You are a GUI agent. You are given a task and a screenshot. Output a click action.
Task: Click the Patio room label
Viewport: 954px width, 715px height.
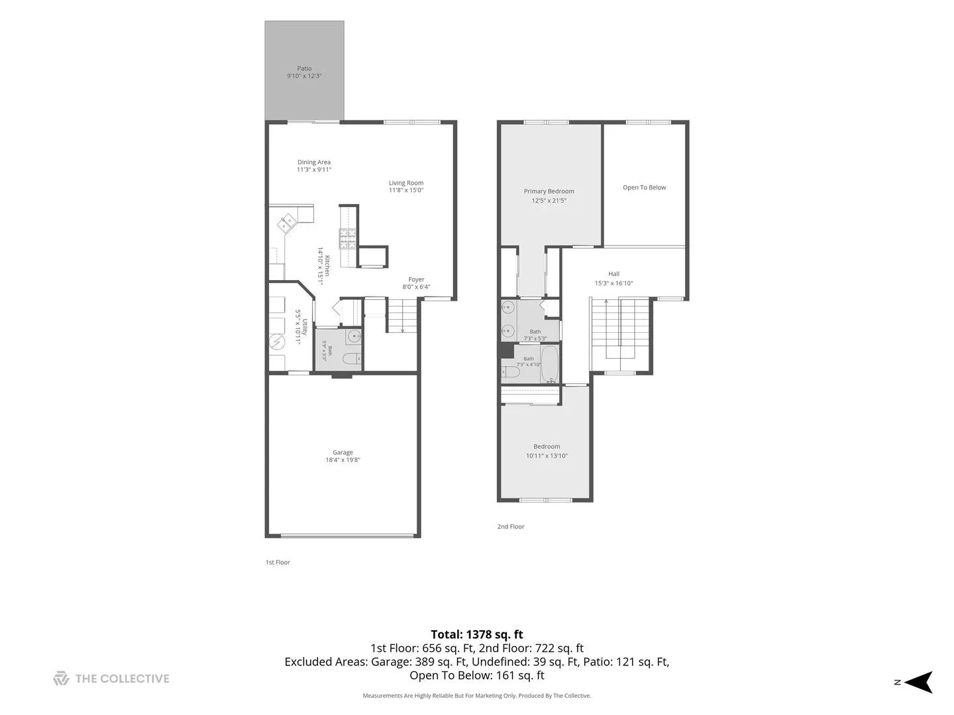[x=304, y=68]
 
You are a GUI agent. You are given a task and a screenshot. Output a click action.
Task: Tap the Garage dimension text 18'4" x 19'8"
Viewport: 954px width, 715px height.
[x=343, y=459]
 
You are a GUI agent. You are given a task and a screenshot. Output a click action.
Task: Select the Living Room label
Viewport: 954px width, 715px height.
[x=406, y=183]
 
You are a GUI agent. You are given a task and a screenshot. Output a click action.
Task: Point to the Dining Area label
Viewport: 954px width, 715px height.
[x=314, y=162]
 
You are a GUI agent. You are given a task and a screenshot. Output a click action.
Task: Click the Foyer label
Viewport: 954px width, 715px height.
[x=416, y=279]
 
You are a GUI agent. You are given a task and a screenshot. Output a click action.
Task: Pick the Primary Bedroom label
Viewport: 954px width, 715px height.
[x=549, y=191]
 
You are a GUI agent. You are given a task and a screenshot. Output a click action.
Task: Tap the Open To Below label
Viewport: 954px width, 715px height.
[x=644, y=187]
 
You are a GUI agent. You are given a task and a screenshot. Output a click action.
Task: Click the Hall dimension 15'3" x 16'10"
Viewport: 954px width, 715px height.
[x=613, y=283]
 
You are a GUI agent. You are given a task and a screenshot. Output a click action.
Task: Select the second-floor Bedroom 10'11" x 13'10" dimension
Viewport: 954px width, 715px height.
[x=547, y=455]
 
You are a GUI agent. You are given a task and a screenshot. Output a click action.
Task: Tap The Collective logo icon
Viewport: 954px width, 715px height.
[x=62, y=678]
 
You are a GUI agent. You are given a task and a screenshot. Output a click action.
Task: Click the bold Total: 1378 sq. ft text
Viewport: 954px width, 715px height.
[x=477, y=634]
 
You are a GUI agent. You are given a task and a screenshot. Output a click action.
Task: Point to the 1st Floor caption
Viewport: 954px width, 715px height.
[x=278, y=562]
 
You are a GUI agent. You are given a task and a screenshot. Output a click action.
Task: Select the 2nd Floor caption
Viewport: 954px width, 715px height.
[x=511, y=526]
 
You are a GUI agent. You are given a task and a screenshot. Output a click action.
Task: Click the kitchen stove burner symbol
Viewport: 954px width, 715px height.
[x=348, y=239]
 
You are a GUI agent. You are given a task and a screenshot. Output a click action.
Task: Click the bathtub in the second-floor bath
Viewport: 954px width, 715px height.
[x=550, y=364]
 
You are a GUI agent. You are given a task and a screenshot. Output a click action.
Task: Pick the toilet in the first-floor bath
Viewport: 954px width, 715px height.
[x=352, y=359]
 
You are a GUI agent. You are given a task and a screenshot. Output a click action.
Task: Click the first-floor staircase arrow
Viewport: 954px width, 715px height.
[x=402, y=316]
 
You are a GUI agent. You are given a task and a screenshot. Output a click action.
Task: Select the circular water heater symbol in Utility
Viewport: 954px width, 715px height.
[x=276, y=342]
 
